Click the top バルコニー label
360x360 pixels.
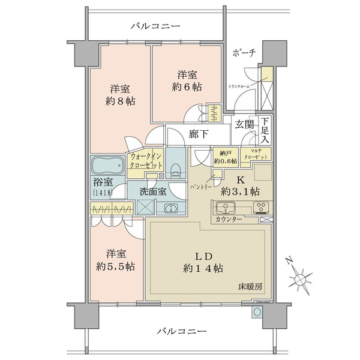[x=155, y=26]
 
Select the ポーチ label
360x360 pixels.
[x=244, y=53]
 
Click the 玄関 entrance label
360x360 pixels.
[x=244, y=125]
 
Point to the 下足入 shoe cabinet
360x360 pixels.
[x=264, y=130]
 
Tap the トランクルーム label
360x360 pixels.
[x=239, y=86]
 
